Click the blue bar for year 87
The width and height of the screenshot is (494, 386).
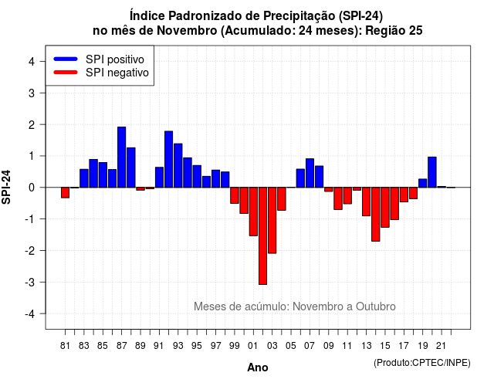pos(122,157)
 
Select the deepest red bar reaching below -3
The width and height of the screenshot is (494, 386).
pos(262,236)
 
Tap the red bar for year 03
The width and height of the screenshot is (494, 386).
pos(272,220)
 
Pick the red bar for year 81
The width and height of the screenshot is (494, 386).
pos(65,192)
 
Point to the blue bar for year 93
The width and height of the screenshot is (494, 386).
pos(178,165)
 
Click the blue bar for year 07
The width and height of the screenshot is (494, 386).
pos(310,173)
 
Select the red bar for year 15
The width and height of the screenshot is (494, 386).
pos(385,208)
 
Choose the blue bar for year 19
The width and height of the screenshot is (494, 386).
pos(423,183)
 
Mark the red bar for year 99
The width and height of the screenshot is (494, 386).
pos(235,195)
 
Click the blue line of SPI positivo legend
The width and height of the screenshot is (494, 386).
pos(66,59)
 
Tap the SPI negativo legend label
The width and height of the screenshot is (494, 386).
pos(117,73)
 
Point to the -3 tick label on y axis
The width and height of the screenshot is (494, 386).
pos(30,282)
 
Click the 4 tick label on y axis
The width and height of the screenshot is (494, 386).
pos(32,62)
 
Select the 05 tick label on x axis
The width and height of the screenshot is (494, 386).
pos(291,346)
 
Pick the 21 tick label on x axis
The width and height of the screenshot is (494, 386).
pos(442,346)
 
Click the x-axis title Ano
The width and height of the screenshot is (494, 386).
pos(258,367)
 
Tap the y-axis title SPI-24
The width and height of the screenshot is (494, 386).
pos(6,187)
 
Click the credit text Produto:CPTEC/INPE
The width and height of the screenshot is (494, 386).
pos(422,363)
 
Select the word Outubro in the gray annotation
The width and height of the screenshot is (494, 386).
pos(376,306)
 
